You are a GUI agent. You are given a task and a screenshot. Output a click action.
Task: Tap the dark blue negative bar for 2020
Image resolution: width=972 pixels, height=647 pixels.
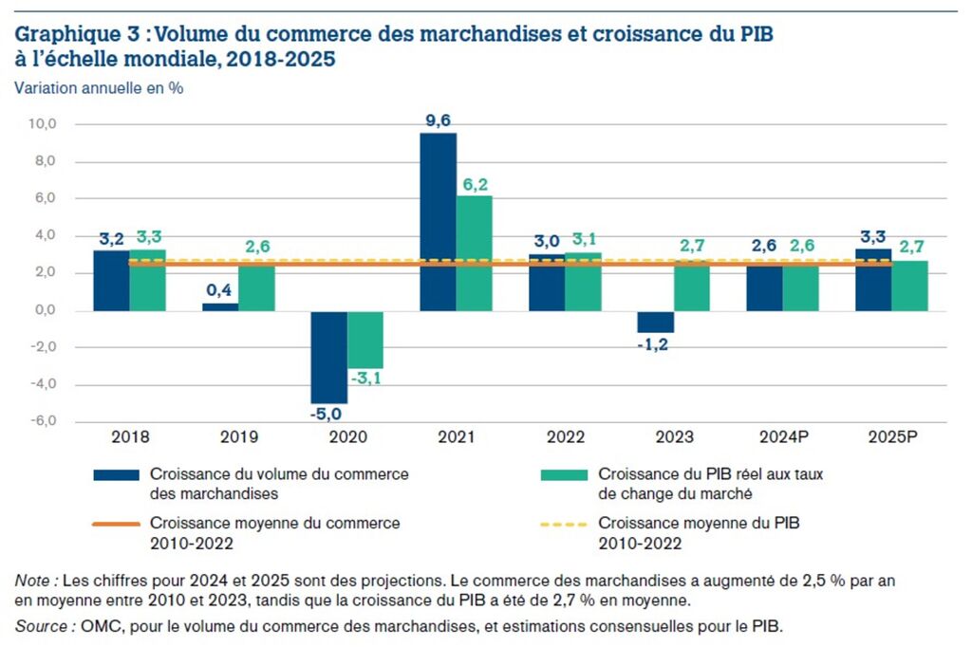(329, 357)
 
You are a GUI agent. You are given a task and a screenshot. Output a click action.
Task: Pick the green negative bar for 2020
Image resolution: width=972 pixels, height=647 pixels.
(365, 340)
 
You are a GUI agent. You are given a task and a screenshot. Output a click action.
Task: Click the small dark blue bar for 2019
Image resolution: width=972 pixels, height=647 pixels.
(220, 306)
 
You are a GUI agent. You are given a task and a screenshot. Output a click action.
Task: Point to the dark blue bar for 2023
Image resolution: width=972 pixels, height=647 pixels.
(656, 322)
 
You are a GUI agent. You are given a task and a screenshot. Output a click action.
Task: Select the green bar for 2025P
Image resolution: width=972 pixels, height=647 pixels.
(909, 286)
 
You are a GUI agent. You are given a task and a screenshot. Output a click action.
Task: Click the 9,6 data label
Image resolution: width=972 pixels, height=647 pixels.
(438, 120)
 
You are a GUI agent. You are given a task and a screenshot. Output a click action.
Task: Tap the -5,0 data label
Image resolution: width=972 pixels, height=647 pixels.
(328, 414)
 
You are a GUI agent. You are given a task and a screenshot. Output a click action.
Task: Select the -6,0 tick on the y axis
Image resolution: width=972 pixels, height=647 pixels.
(45, 421)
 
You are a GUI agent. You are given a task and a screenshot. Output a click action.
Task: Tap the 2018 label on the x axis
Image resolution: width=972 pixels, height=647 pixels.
(129, 438)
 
